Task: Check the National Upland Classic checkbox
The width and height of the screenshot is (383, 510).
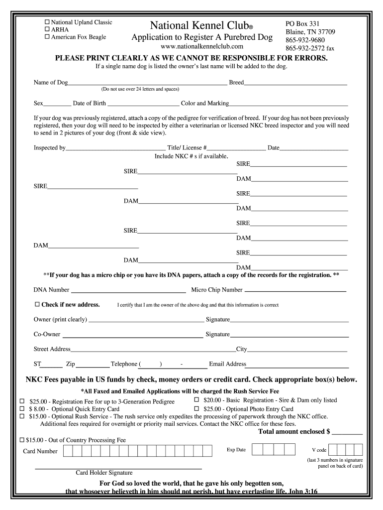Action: (x=48, y=22)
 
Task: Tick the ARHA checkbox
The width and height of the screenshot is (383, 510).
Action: (x=48, y=29)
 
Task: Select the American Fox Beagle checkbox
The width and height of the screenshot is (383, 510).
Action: (x=48, y=37)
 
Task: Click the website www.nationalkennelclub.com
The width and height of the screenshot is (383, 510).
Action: (x=202, y=47)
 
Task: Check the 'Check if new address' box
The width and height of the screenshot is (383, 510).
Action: (x=37, y=304)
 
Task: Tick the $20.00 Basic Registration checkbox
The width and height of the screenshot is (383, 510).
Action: (x=196, y=400)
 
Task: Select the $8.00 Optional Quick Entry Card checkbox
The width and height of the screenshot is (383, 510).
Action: (x=22, y=409)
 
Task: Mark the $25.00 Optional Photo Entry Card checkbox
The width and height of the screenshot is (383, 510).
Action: (x=196, y=409)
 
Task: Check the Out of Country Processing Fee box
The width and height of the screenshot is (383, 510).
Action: (x=22, y=440)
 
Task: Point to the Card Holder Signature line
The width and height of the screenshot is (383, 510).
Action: (x=118, y=468)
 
